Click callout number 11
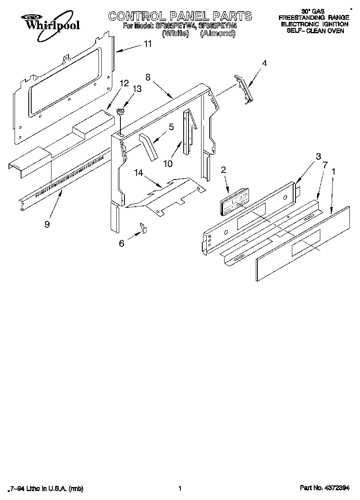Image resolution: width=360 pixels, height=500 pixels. (148, 44)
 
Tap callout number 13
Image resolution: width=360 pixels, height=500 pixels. (137, 89)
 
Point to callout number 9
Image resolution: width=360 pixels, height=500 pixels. (47, 223)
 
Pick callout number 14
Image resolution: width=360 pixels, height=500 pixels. (139, 173)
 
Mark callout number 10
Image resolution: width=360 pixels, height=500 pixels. (168, 163)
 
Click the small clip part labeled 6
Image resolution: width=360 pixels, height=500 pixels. (143, 228)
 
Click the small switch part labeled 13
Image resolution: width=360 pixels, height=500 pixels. (120, 111)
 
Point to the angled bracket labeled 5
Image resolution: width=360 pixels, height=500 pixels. (149, 146)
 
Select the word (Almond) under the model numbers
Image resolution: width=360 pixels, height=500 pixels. (218, 34)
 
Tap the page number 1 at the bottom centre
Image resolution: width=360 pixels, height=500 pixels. (180, 489)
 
